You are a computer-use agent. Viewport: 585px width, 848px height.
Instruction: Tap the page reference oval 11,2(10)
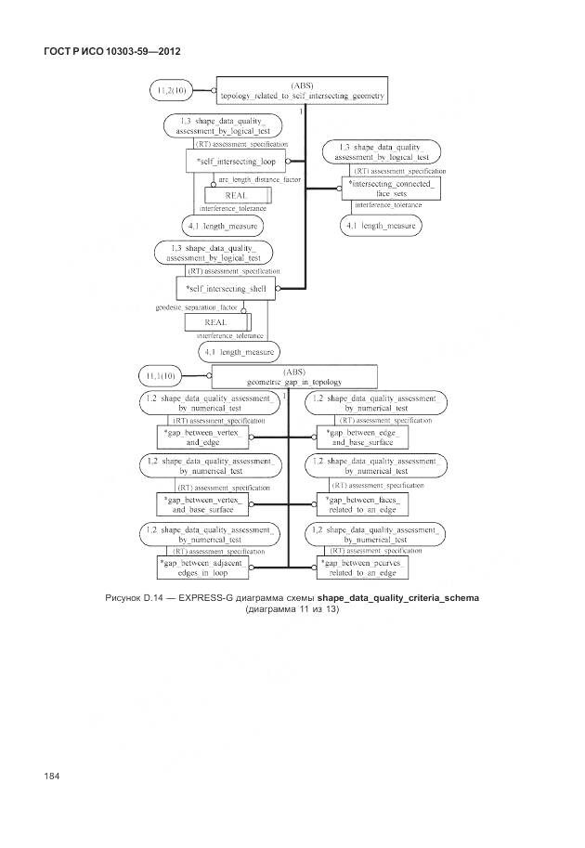point(173,91)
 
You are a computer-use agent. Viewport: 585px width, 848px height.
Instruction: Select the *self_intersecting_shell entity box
point(227,288)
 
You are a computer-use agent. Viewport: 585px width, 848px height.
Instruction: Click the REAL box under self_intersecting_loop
point(236,195)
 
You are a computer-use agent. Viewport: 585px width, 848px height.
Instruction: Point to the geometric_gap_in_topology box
point(294,376)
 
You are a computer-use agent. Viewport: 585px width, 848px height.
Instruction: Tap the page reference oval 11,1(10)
point(163,376)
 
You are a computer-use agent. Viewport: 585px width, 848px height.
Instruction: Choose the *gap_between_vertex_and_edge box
point(201,437)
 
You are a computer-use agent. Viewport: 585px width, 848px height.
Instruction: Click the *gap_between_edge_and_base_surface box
point(361,437)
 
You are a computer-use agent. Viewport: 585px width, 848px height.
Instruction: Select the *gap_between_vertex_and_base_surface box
point(201,503)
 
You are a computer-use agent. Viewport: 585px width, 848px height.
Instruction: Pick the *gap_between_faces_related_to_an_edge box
point(361,503)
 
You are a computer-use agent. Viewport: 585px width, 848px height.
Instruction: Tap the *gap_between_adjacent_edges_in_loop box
point(201,568)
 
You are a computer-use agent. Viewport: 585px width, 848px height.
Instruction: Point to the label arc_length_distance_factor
point(259,178)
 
